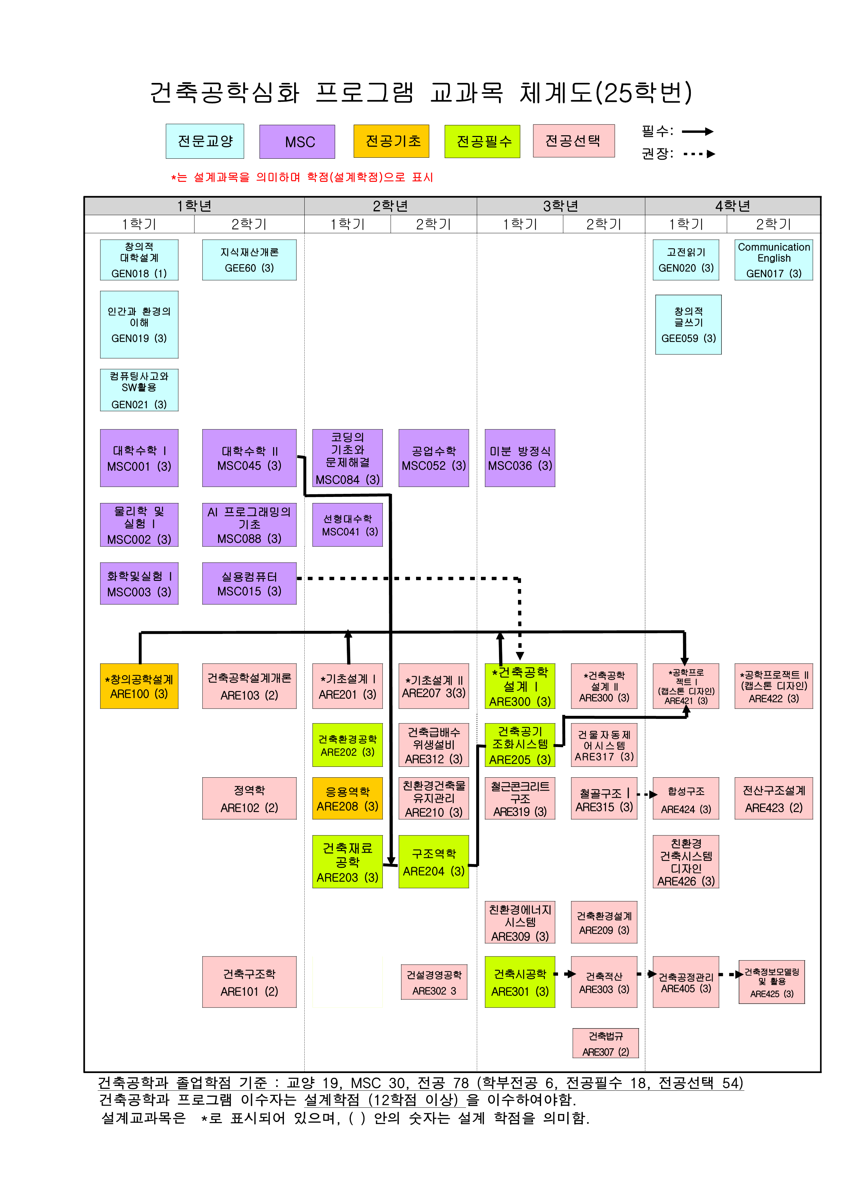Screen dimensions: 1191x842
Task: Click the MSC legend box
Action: [297, 142]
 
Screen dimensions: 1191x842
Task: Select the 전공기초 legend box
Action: [391, 141]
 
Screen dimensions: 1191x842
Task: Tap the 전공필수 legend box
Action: [482, 141]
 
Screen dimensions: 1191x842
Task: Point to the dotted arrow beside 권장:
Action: [699, 154]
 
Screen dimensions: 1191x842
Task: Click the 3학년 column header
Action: [560, 206]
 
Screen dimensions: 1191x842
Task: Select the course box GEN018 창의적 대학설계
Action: [139, 260]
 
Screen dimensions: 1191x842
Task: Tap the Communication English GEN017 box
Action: [774, 260]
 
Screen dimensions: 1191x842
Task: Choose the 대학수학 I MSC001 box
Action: [139, 458]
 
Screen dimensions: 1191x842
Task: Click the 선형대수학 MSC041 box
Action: [347, 525]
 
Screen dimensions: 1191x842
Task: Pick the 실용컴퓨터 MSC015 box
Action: [249, 584]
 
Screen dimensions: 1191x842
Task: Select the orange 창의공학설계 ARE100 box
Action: [139, 686]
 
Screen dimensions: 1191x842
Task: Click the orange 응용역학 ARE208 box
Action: [347, 798]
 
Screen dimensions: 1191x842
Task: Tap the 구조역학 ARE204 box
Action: [433, 862]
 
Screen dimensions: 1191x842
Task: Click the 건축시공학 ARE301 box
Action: [520, 982]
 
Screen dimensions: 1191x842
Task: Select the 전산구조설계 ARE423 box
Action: [774, 798]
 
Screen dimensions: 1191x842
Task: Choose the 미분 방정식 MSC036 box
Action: [520, 458]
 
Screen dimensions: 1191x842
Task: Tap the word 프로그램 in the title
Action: [364, 93]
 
